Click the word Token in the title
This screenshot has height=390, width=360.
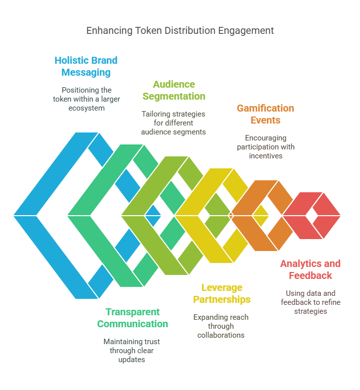(149, 30)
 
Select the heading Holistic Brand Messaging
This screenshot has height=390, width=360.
(86, 66)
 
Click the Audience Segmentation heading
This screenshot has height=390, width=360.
(174, 90)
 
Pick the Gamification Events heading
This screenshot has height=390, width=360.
(265, 114)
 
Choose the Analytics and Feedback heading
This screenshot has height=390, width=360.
(311, 269)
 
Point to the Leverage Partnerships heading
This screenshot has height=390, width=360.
(222, 293)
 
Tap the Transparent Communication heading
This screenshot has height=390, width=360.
(133, 318)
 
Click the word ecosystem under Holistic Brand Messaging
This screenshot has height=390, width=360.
(86, 109)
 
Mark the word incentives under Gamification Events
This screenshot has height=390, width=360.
(266, 156)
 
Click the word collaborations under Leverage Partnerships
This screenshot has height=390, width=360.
(221, 335)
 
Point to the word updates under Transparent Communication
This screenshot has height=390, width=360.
(132, 360)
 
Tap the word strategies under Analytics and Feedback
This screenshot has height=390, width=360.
(311, 312)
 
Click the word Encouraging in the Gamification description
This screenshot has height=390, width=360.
(266, 138)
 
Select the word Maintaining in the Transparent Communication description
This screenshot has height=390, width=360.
(119, 342)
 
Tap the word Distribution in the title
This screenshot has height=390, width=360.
(190, 30)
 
